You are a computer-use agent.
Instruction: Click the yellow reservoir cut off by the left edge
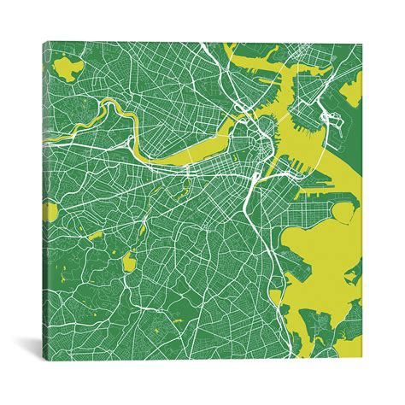[51, 211]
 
